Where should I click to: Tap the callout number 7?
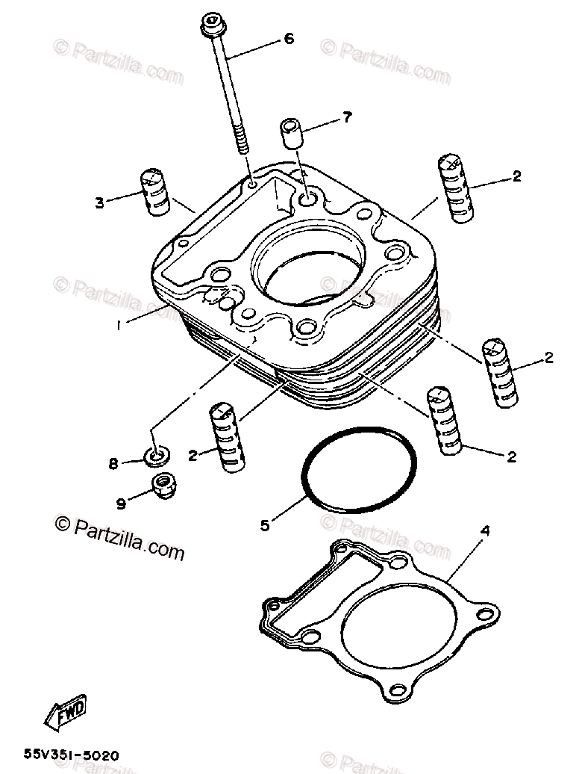(347, 116)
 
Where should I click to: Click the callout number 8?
(113, 464)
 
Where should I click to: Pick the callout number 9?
(121, 503)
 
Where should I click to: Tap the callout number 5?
(265, 525)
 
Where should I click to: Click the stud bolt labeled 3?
(154, 192)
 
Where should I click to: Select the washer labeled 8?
(156, 454)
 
